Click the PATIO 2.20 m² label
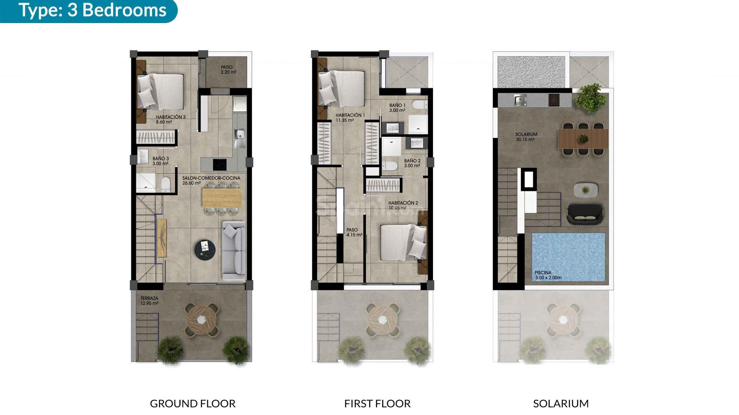tap(228, 70)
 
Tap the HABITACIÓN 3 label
tap(171, 120)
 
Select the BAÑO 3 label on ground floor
tap(161, 161)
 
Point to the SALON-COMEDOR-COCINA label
tap(211, 181)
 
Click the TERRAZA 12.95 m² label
tap(149, 301)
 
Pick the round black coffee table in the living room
tap(205, 249)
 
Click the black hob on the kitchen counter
tap(219, 164)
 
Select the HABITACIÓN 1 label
tap(350, 118)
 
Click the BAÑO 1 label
tap(397, 108)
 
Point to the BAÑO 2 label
tap(412, 163)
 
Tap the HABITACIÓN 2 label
tap(403, 205)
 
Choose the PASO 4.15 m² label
tap(354, 232)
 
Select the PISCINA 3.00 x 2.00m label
tap(548, 275)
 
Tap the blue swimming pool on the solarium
tap(568, 254)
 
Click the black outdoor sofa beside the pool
tap(585, 214)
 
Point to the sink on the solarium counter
tap(520, 100)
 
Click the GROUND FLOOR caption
tap(192, 404)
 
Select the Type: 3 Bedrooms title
tap(92, 10)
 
